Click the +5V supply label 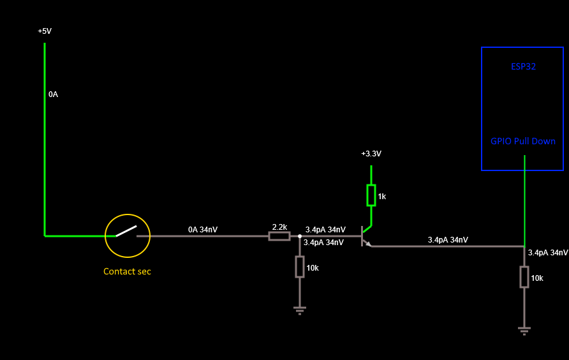coord(45,31)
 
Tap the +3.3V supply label coord(371,154)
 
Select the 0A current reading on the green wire coord(53,94)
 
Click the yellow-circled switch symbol coord(128,236)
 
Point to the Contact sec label coord(127,271)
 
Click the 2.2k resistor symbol coord(279,236)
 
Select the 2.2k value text coord(279,227)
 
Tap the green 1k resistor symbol coord(371,195)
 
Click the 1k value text coord(381,197)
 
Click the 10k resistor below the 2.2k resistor coord(299,267)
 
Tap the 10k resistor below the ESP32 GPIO coord(524,277)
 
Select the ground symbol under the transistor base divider coord(299,310)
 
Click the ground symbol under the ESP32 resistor coord(524,330)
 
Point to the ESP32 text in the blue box coord(523,66)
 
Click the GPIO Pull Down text coord(523,141)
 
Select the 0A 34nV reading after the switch coord(203,229)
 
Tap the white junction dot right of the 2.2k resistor coord(299,236)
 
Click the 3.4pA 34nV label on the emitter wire coord(448,240)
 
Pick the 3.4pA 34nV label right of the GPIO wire coord(547,253)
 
